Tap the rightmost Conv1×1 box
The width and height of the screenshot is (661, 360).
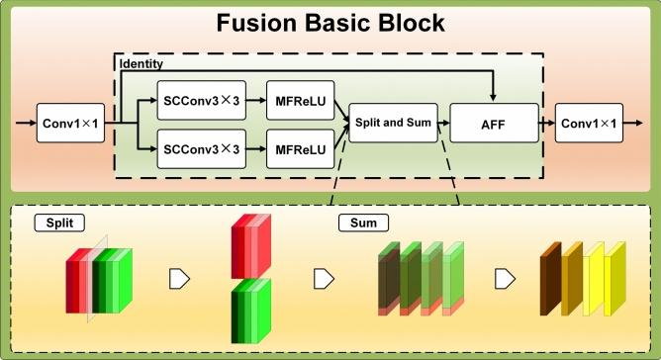coord(589,124)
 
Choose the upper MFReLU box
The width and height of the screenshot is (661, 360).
coord(301,100)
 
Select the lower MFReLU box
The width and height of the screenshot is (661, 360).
coord(301,149)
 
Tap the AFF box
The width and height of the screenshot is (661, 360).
coord(492,125)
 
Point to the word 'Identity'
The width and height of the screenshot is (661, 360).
coord(139,63)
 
